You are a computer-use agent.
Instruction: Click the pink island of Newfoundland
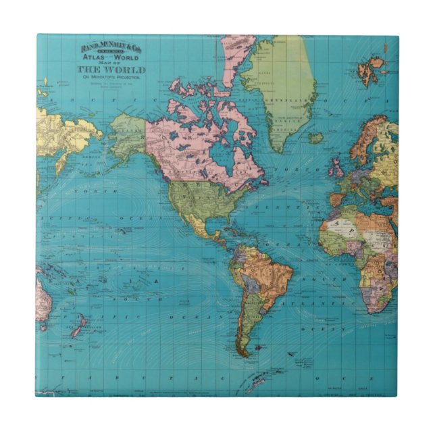click(262, 181)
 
